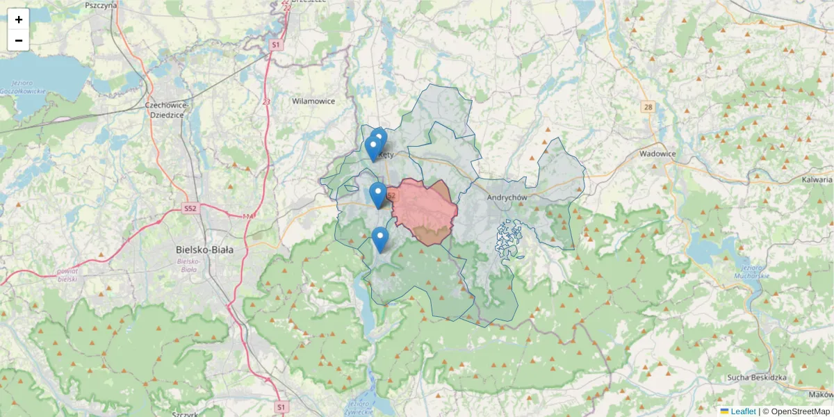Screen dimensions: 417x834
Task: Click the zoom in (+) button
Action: (x=19, y=19)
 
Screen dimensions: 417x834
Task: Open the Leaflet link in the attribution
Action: (x=743, y=411)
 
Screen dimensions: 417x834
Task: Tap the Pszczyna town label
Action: (x=100, y=5)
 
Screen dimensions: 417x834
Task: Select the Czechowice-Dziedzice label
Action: (x=164, y=110)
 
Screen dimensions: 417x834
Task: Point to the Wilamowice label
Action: (x=313, y=101)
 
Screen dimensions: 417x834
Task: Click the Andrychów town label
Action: (x=508, y=197)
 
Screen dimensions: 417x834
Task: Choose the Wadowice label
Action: (x=658, y=154)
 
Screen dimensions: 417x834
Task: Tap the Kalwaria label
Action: (x=817, y=179)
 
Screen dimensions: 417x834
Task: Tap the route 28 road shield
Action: (x=648, y=106)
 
